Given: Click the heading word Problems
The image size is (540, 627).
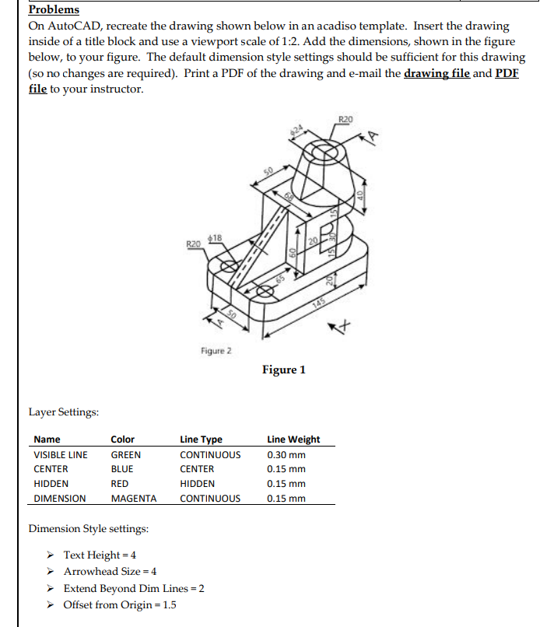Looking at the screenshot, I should point(54,10).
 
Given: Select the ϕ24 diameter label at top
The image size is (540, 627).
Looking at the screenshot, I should point(296,129).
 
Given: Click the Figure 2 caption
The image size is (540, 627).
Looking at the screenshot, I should point(216,351).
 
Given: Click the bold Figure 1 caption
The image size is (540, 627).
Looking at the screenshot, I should point(284,370).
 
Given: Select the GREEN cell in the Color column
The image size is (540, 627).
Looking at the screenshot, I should point(126,454).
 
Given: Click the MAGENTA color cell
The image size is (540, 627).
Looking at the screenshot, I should point(133,498).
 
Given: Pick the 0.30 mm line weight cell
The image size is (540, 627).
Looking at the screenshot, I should point(286,454).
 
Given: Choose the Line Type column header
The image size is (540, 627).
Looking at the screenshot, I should point(201,439).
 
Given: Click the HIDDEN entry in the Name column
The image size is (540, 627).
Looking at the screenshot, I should point(51,483).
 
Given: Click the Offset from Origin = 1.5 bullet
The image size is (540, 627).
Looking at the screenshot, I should point(119,604).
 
